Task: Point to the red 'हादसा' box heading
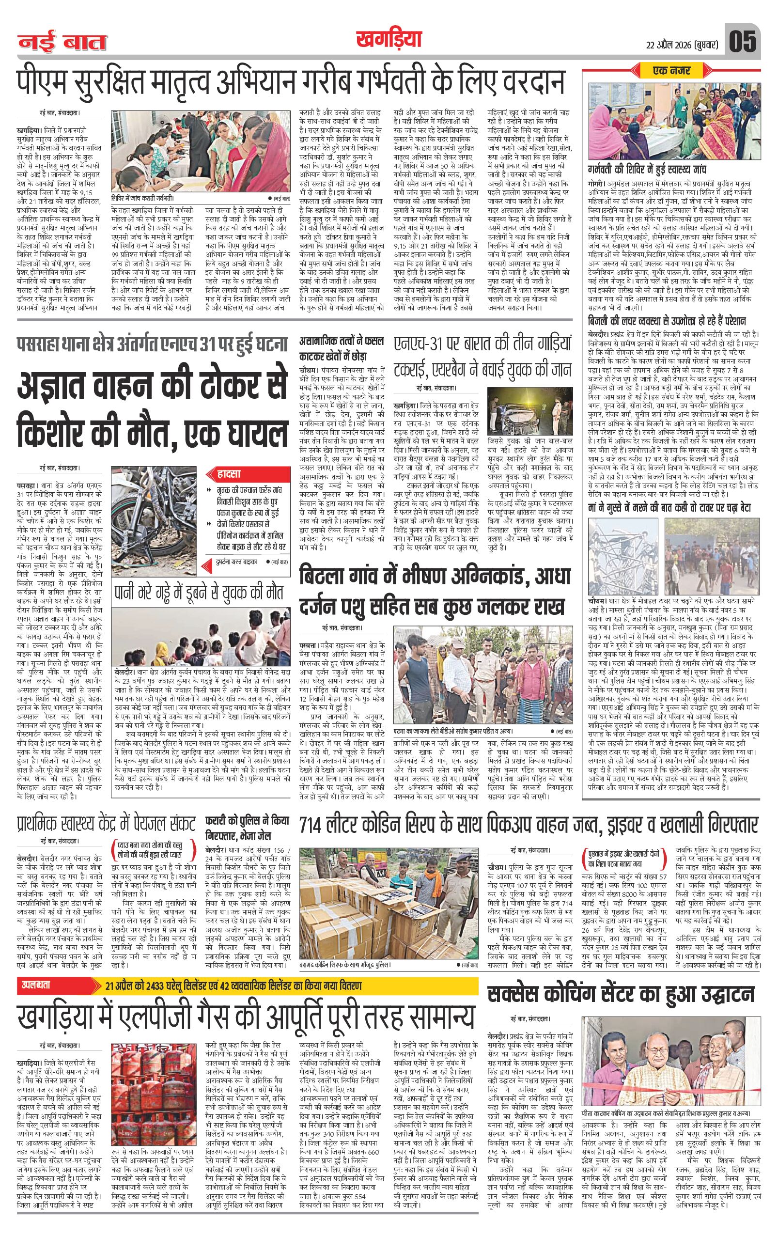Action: [x=224, y=474]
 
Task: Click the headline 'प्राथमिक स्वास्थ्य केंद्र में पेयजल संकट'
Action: [x=105, y=823]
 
